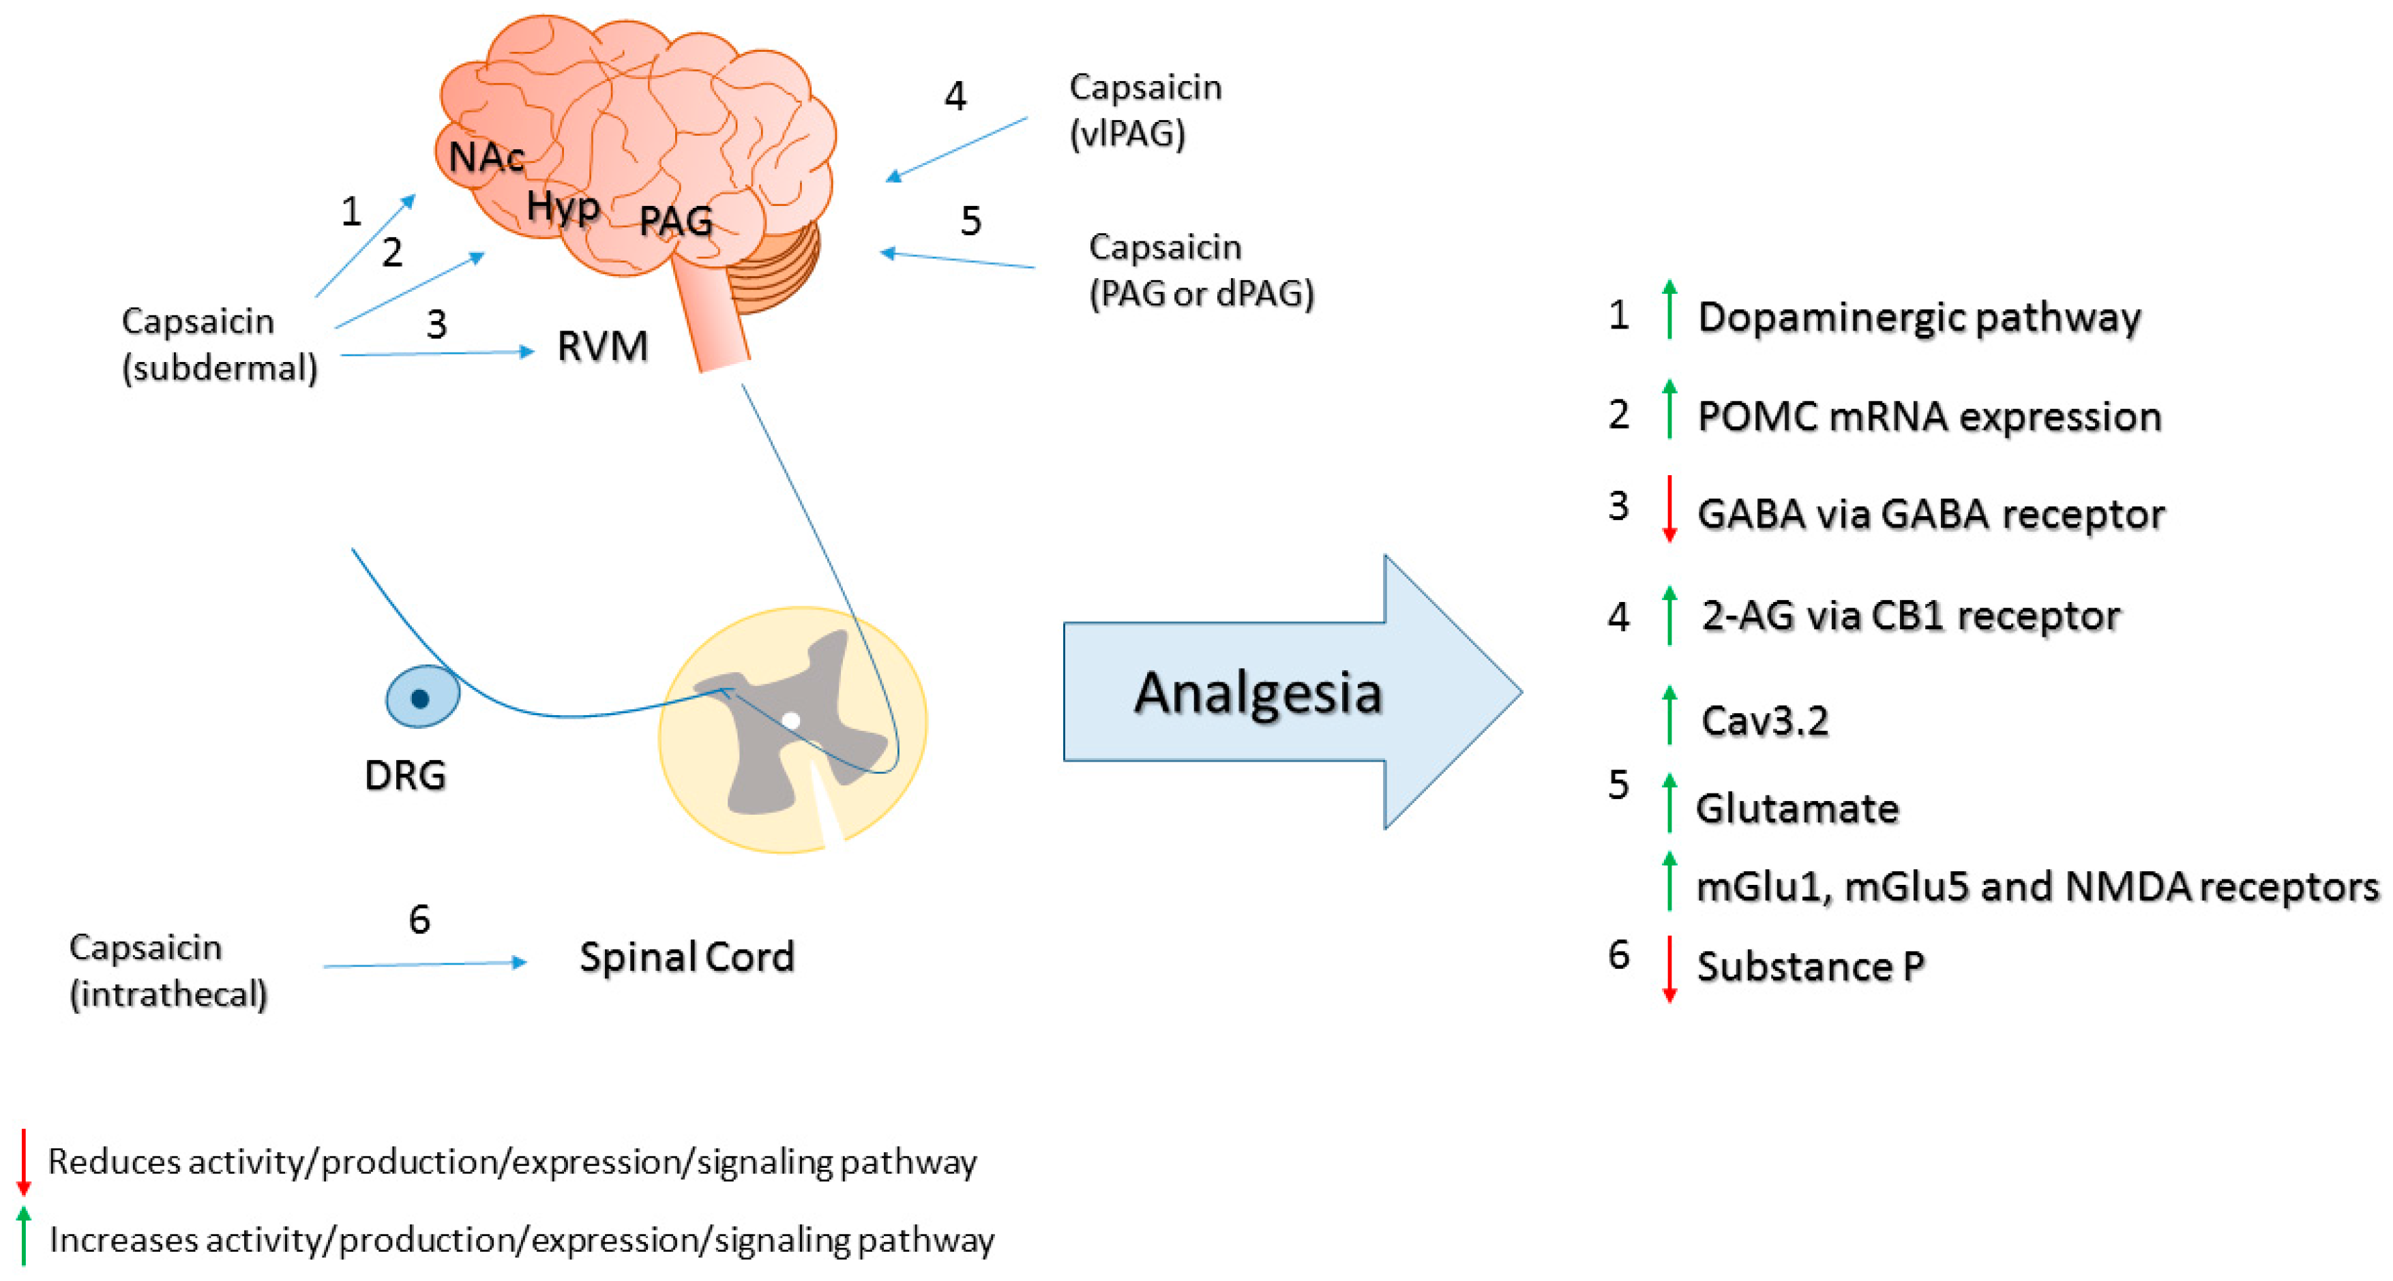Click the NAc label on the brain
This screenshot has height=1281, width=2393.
487,157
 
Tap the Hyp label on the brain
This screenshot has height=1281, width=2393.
563,206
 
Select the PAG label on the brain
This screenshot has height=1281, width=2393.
677,221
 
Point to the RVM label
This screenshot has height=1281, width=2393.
603,346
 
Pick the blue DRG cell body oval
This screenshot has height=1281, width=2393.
423,697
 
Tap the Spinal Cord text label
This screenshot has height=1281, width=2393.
687,956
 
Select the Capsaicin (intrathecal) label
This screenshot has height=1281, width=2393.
168,971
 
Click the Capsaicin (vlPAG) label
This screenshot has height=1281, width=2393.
1146,110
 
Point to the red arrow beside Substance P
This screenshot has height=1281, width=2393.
1669,969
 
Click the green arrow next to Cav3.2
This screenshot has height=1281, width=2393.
1669,714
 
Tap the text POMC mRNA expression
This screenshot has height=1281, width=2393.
1929,416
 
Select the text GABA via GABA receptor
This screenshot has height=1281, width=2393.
1931,514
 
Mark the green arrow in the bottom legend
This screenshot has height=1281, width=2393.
24,1235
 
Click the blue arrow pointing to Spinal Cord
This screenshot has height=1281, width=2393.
426,964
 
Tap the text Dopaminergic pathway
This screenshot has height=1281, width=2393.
1919,317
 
